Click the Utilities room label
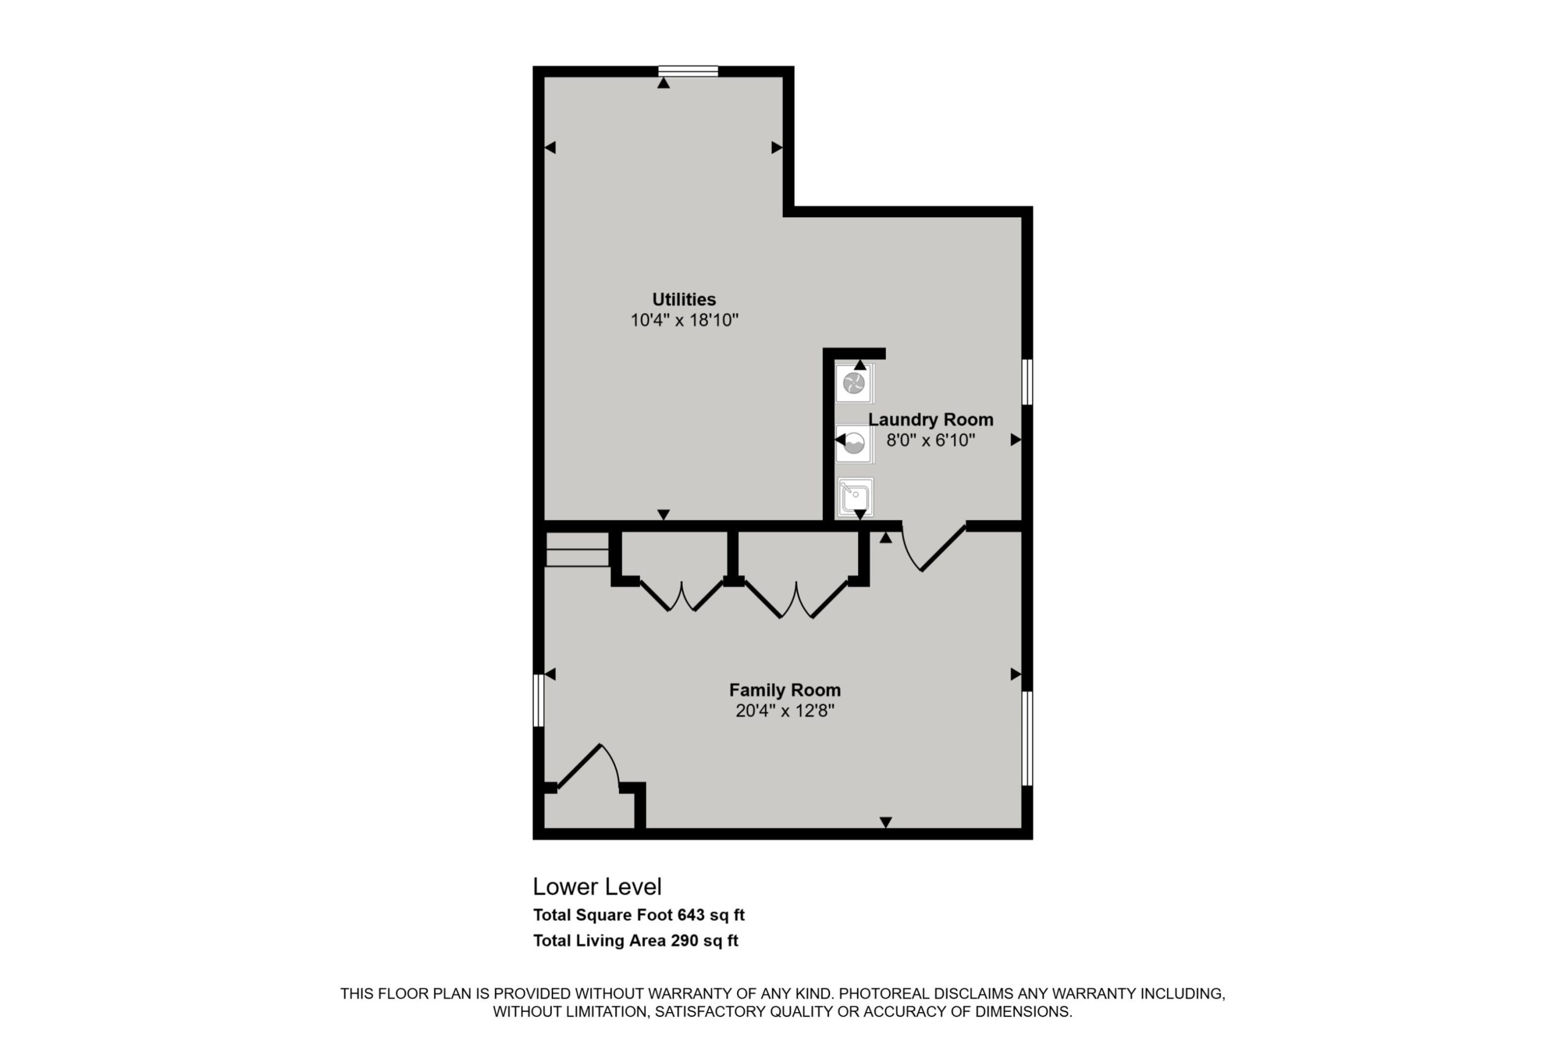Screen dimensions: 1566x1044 (x=684, y=300)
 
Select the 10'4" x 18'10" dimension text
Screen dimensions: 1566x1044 (x=685, y=320)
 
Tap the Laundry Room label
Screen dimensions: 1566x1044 (x=931, y=420)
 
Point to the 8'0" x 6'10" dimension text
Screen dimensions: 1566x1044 (x=931, y=440)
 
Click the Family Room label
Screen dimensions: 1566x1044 (x=785, y=690)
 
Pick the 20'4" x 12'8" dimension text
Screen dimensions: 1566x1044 (x=785, y=711)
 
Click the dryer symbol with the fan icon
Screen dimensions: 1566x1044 (x=854, y=383)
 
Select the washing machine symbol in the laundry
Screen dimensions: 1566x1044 (x=854, y=443)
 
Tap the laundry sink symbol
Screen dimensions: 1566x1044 (x=855, y=497)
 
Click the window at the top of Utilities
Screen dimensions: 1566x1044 (x=688, y=71)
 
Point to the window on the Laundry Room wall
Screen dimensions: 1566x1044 (x=1027, y=382)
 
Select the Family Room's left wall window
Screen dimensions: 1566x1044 (x=539, y=700)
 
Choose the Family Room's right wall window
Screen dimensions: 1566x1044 (x=1027, y=738)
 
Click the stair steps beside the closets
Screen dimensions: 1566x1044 (x=577, y=549)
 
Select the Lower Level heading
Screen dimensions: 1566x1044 (x=597, y=887)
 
